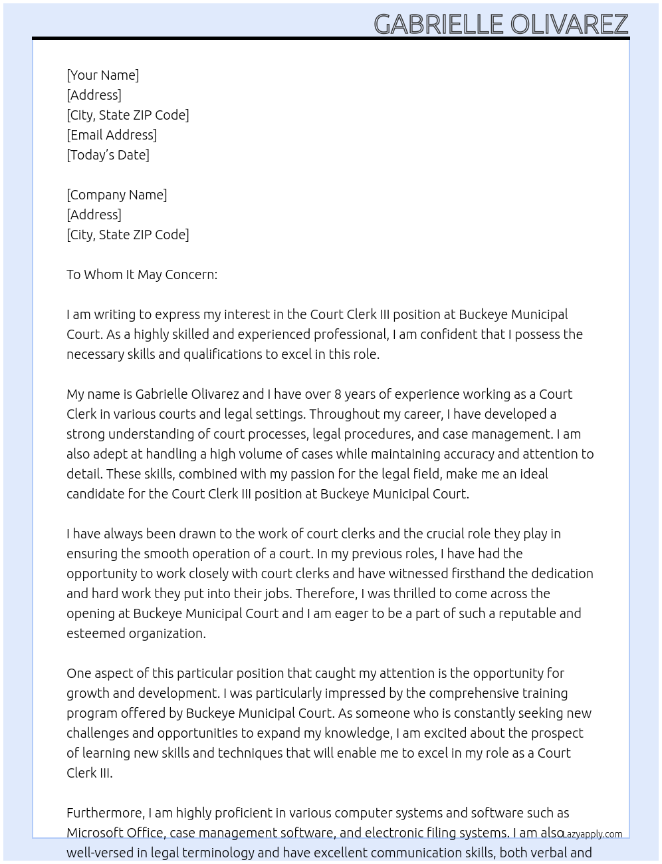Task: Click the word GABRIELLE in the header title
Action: (438, 25)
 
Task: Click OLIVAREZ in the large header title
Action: (569, 25)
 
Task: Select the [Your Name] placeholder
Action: (103, 75)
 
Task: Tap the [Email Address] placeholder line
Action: (112, 135)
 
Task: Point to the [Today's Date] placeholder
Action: (108, 155)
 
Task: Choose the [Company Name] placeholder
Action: (117, 195)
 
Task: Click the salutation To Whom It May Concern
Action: (142, 274)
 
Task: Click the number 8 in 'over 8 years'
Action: (338, 394)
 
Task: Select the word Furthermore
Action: (105, 813)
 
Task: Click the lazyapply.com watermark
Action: (592, 834)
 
